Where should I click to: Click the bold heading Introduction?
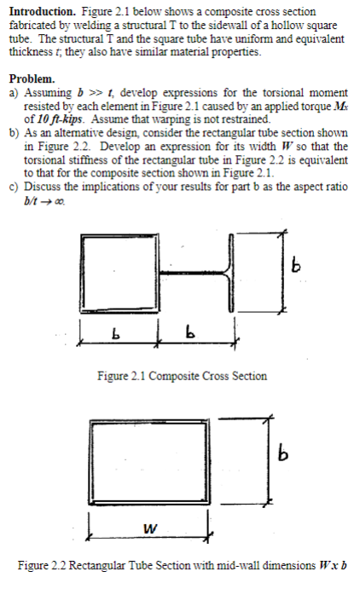click(x=39, y=13)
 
